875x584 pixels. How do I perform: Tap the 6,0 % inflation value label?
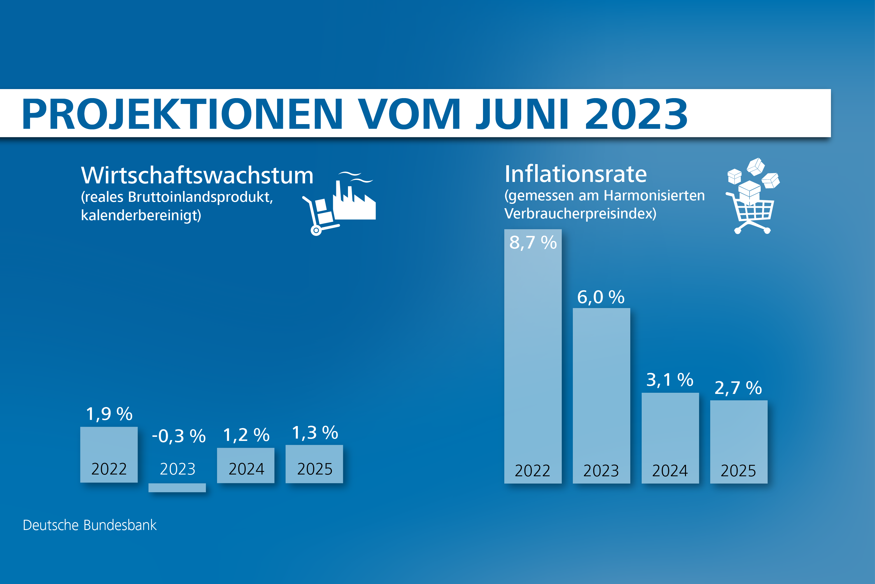601,297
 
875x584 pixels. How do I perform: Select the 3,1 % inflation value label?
670,380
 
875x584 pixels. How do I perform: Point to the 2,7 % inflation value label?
738,388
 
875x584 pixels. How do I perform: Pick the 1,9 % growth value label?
109,414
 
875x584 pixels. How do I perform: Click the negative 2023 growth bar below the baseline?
177,488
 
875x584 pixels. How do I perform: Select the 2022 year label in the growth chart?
109,469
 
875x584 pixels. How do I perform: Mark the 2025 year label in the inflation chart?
738,471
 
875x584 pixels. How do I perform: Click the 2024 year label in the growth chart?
246,469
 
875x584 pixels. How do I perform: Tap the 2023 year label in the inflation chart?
601,471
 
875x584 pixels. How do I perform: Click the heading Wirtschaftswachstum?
197,175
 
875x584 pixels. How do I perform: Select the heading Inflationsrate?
575,174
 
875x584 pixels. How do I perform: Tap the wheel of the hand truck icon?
316,231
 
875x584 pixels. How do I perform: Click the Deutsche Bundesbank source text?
90,525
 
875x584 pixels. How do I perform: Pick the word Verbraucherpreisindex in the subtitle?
580,214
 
